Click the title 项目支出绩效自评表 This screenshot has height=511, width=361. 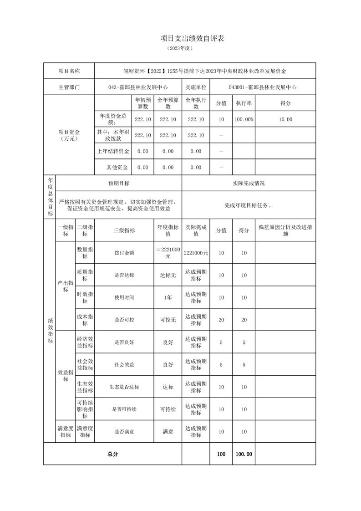click(x=192, y=39)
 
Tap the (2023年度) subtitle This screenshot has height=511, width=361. click(x=180, y=49)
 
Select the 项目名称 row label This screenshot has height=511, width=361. click(x=69, y=71)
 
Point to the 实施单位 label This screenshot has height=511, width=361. click(x=196, y=87)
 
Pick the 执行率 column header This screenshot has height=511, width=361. click(x=244, y=103)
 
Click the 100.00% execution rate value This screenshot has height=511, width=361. click(x=244, y=119)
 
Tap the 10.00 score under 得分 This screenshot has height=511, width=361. click(x=285, y=119)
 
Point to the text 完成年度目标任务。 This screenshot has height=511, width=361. click(x=248, y=205)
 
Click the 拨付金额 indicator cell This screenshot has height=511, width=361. click(x=124, y=253)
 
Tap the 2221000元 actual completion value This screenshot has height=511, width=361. click(x=196, y=253)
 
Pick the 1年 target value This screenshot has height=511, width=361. click(x=168, y=297)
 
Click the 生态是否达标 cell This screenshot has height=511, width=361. click(x=124, y=387)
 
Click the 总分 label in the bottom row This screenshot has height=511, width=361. click(x=112, y=454)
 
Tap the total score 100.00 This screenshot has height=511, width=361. click(x=244, y=454)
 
